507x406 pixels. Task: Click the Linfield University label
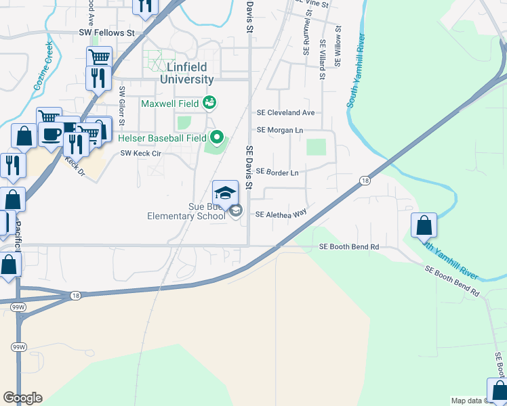coord(186,73)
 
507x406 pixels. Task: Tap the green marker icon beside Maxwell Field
coord(209,102)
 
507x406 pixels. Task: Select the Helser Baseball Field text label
coord(162,138)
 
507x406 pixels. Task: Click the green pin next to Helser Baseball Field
coord(217,137)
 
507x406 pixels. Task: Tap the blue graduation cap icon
coord(226,192)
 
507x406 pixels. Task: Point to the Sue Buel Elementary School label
coord(186,211)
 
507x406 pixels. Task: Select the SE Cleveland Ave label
coord(285,113)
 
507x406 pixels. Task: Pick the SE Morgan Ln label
coord(280,130)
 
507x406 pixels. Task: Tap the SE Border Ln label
coord(277,173)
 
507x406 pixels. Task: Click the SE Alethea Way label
coord(281,214)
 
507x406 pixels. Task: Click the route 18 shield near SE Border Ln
coord(365,181)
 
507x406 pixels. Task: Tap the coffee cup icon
coord(49,133)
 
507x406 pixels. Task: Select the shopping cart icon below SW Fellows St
coord(99,58)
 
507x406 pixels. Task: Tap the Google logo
coord(22,398)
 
